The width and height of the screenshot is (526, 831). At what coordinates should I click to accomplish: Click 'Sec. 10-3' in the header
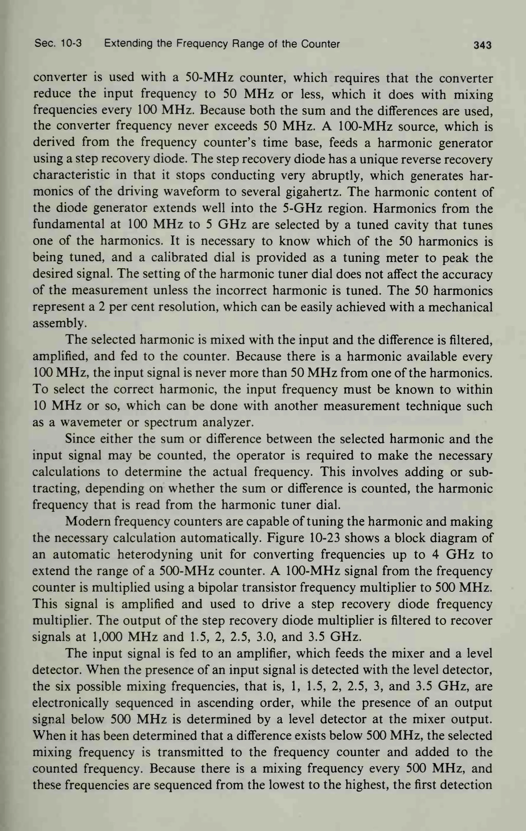[x=58, y=44]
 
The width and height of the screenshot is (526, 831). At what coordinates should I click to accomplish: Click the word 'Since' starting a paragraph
[x=80, y=439]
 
